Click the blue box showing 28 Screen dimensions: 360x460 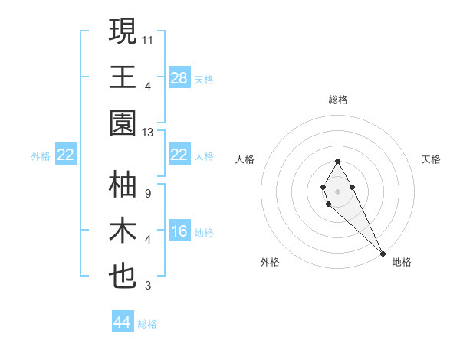pos(179,77)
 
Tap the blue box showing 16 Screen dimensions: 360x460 pos(179,232)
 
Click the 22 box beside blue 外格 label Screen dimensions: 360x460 pos(66,155)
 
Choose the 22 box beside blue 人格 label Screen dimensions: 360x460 pos(179,155)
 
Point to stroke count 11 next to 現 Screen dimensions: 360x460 pos(148,38)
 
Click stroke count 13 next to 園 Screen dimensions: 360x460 pos(148,133)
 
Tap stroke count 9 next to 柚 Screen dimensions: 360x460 pos(147,194)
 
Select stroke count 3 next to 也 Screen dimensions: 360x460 pos(147,286)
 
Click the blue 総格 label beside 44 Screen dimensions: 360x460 pos(147,324)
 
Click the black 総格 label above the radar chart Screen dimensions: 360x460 pos(338,100)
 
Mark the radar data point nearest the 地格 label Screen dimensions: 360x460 pos(383,254)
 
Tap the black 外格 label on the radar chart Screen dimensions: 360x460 pos(270,262)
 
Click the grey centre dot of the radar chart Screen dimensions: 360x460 pos(338,191)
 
